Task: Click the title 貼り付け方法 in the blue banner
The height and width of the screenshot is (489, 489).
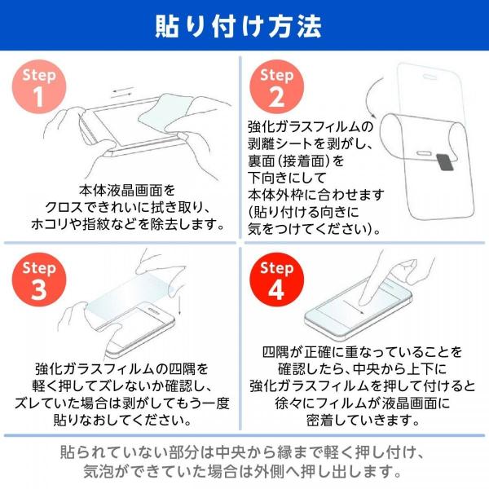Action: click(239, 26)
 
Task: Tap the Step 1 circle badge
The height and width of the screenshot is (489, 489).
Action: click(39, 86)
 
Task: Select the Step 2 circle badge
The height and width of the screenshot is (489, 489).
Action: click(277, 86)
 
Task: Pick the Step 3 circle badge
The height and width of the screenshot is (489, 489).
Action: click(39, 280)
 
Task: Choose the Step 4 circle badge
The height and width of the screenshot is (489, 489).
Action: click(277, 280)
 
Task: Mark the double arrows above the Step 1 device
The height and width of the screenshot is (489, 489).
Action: click(123, 93)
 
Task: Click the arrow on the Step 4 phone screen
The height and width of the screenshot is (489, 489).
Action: click(353, 307)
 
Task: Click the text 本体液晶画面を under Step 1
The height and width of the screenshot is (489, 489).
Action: click(127, 191)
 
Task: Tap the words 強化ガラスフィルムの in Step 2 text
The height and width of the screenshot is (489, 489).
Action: click(311, 127)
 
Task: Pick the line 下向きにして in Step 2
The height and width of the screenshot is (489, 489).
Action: click(287, 178)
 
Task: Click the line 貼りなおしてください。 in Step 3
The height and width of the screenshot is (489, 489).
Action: click(122, 420)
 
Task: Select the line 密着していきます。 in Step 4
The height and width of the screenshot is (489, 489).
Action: click(363, 420)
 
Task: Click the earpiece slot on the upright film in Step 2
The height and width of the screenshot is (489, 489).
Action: click(430, 76)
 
